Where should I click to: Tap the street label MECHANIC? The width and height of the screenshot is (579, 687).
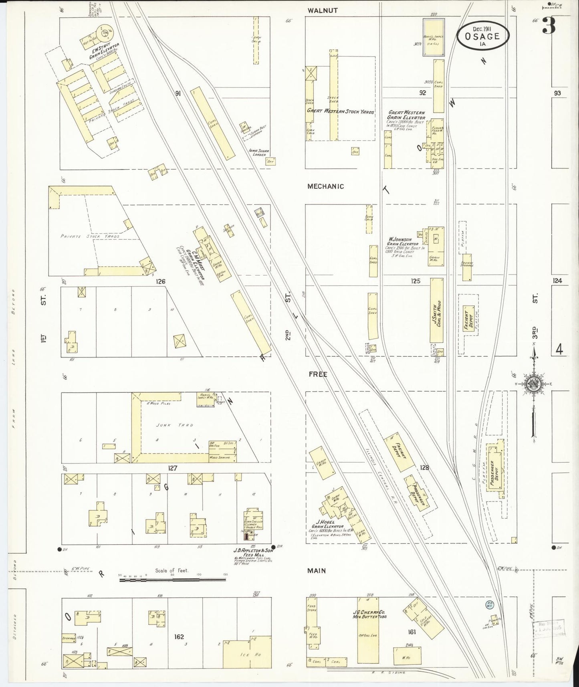[325, 186]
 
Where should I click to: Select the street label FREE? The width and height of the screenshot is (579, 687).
[318, 374]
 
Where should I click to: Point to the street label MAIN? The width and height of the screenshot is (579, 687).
[317, 570]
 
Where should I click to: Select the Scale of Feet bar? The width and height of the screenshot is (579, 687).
[172, 579]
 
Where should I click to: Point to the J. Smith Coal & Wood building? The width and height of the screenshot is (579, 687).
[437, 310]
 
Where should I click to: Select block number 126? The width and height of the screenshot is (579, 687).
[161, 282]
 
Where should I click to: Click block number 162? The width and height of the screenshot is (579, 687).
[179, 636]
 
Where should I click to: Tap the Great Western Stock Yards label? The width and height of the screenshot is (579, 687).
[340, 112]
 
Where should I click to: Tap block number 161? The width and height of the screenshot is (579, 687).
[412, 632]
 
